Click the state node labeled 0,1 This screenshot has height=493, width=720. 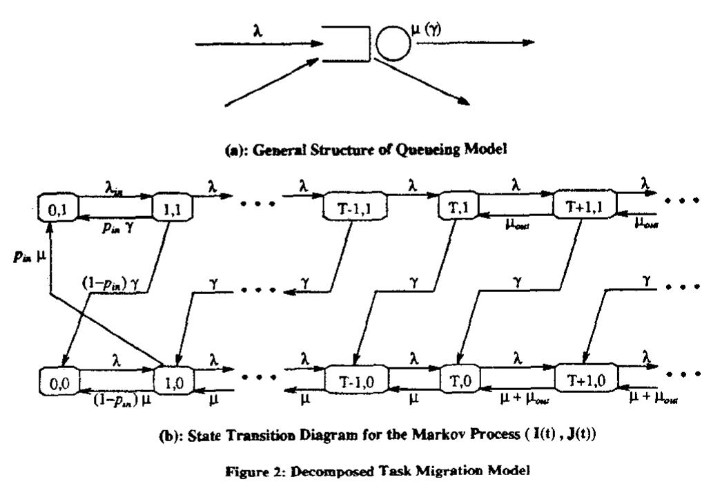coord(57,206)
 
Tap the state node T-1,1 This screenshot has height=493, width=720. coord(351,206)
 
